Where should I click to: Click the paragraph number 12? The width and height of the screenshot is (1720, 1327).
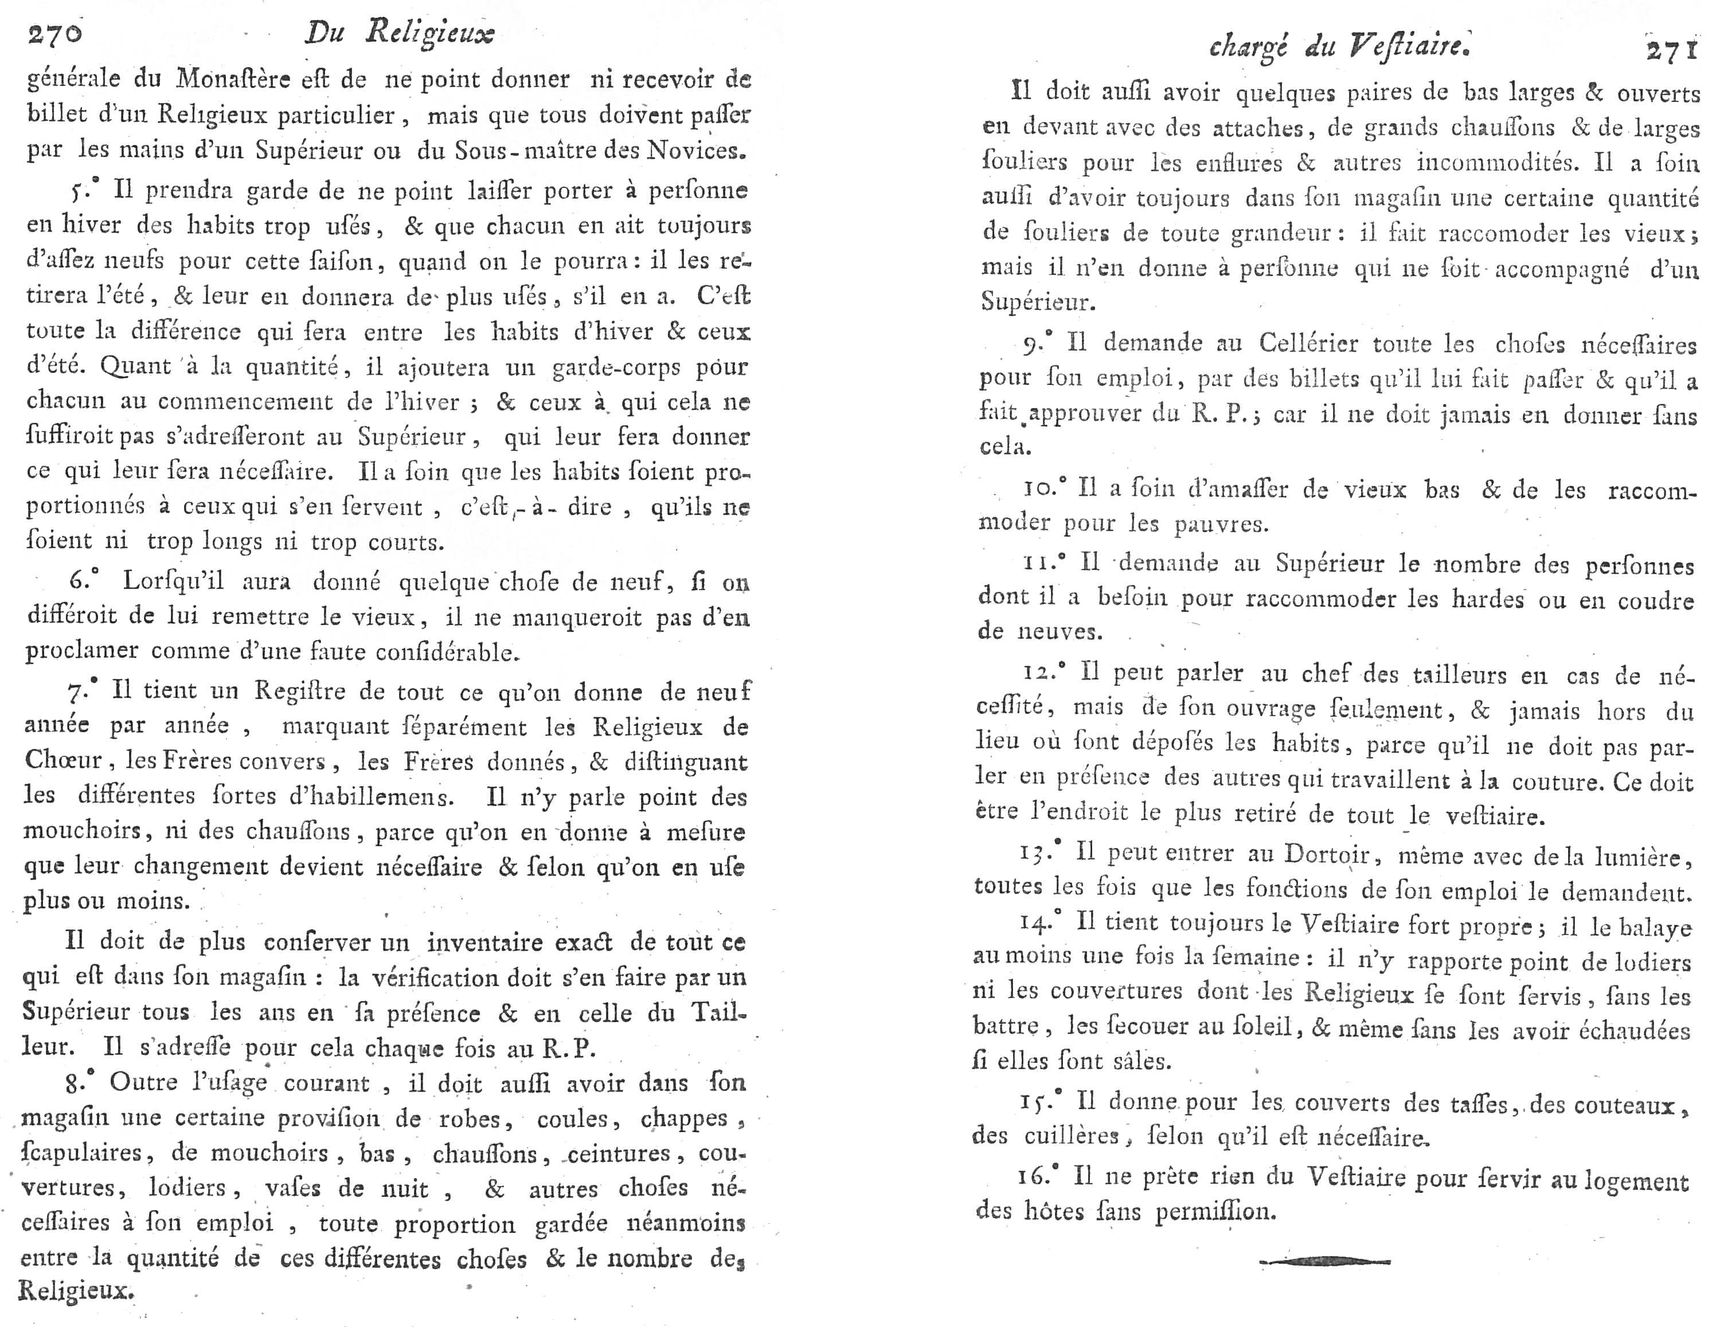pyautogui.click(x=1041, y=673)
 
